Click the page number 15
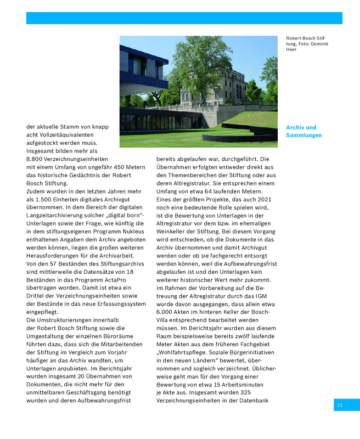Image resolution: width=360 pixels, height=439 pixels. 340,405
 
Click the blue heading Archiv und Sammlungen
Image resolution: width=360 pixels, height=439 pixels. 303,131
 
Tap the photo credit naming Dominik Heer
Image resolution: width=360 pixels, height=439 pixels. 307,43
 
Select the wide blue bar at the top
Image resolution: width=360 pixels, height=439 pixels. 184,18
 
